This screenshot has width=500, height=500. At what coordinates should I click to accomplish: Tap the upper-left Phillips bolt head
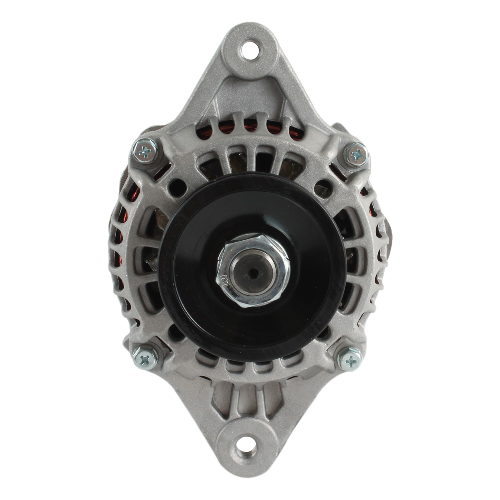pos(145,151)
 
